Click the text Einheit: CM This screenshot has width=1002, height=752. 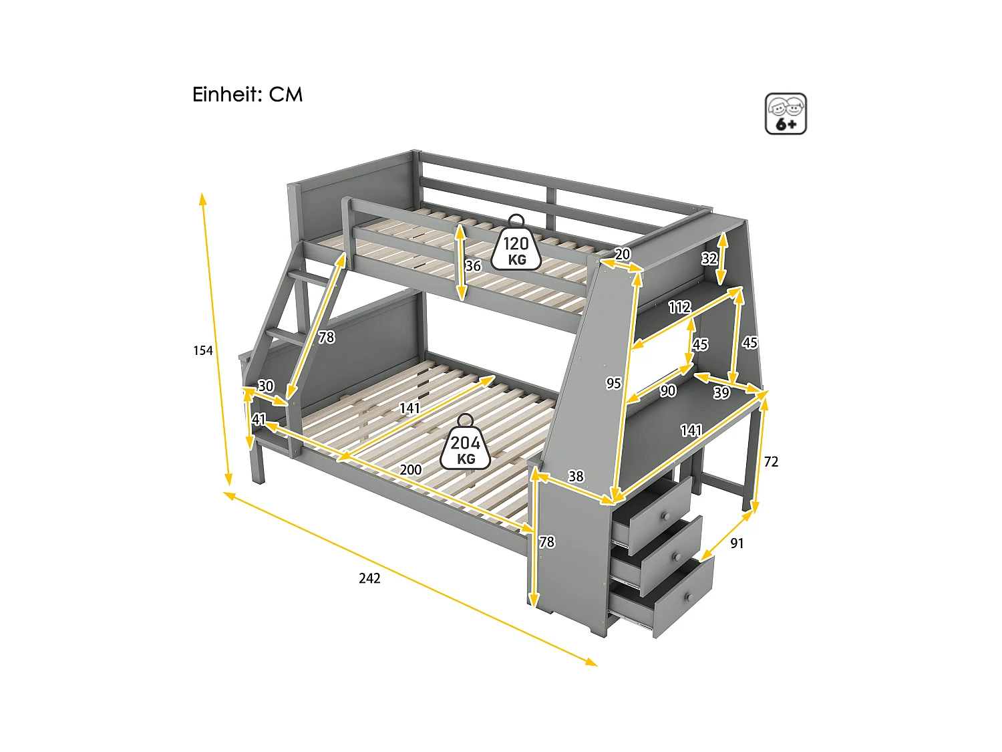pos(247,95)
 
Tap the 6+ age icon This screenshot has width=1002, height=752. pos(786,114)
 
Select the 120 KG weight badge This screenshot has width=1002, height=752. pos(516,248)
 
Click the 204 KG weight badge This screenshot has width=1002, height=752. pos(466,447)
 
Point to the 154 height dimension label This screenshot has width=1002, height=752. pos(203,350)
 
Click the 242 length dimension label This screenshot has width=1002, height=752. pos(369,578)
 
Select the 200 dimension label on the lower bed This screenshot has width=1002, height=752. pos(411,470)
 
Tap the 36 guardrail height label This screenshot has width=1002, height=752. pos(473,266)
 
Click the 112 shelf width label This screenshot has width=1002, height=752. pos(679,307)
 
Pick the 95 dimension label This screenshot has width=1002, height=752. pos(613,383)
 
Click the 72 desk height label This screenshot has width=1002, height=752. pos(771,462)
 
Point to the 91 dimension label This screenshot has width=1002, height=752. pos(737,543)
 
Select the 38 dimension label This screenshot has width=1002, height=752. pos(576,476)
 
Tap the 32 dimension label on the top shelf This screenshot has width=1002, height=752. pos(709,259)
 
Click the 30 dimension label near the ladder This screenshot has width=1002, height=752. pos(266,386)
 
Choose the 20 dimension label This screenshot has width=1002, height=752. pos(622,255)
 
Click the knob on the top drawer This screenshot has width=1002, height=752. pos(665,516)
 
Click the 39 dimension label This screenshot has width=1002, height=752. pos(721,392)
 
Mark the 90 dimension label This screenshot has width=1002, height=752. pos(668,391)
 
